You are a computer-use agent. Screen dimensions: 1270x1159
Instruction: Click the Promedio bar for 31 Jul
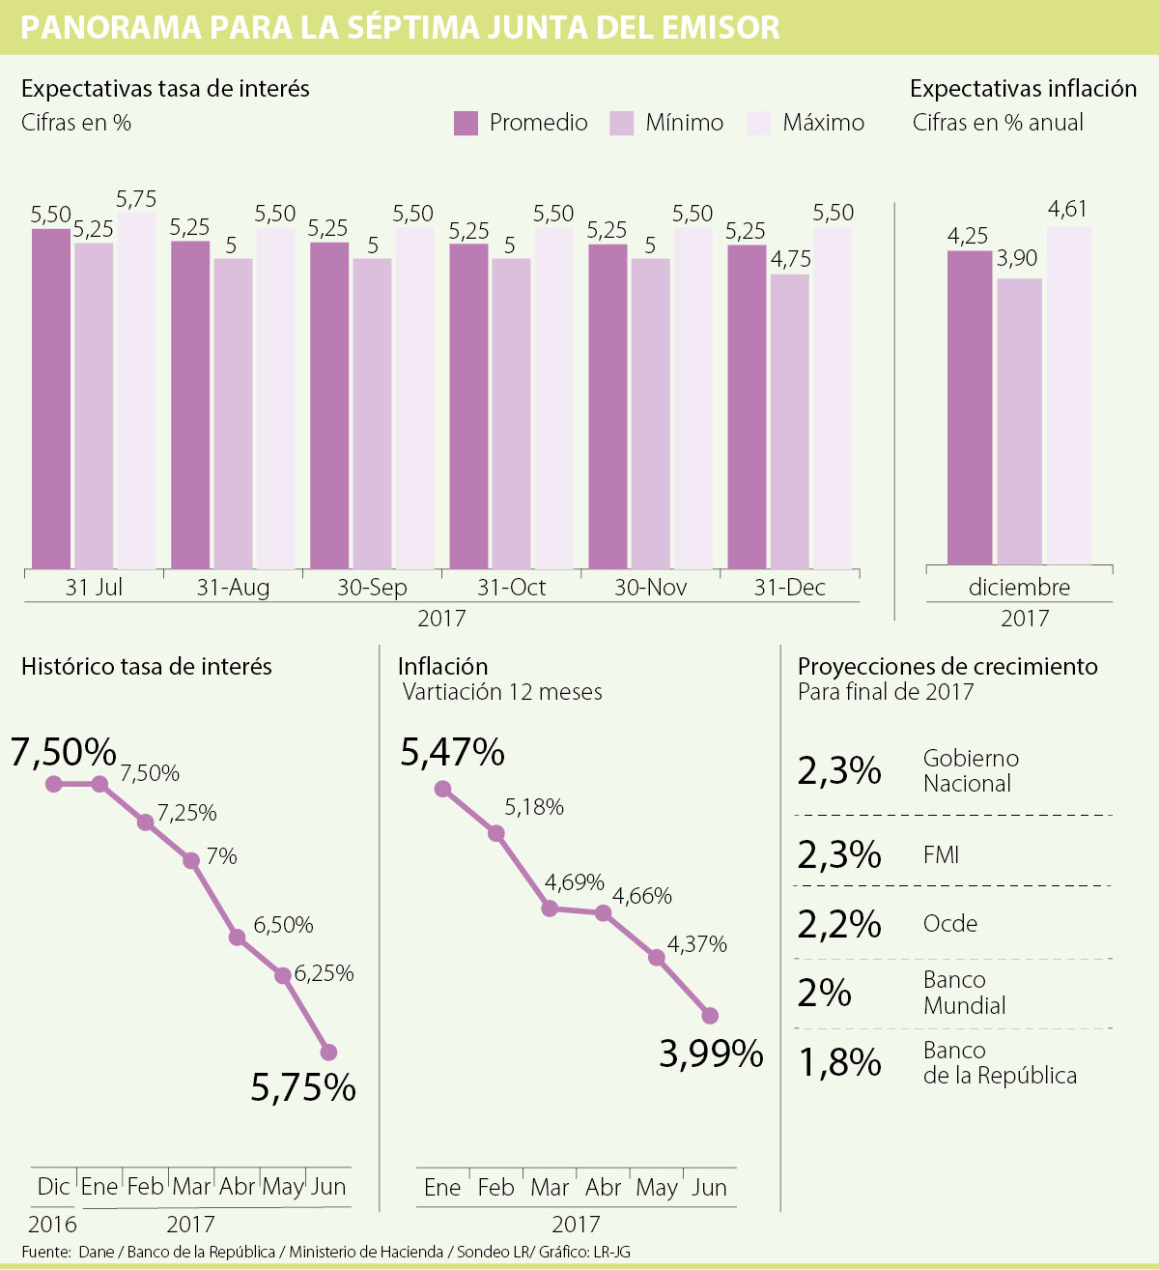[51, 398]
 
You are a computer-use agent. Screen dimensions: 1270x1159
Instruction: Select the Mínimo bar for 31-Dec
[789, 421]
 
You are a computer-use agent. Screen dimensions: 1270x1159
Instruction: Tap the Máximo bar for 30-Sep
[414, 398]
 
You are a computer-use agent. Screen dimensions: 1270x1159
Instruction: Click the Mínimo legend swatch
[622, 124]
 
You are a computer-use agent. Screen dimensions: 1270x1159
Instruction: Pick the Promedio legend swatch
[466, 124]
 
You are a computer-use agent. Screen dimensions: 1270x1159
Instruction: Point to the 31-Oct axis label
[511, 588]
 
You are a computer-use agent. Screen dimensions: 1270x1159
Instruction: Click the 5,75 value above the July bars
[136, 199]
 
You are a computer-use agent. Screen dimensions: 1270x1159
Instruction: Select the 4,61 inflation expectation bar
[1069, 395]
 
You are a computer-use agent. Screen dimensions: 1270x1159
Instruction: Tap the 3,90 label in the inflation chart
[1017, 258]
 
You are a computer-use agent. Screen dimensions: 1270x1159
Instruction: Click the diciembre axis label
[1019, 588]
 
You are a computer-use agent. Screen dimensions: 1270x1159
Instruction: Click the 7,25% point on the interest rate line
[146, 823]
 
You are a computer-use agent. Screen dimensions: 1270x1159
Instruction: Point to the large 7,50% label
[64, 752]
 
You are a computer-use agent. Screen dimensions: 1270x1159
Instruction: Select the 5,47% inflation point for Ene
[442, 789]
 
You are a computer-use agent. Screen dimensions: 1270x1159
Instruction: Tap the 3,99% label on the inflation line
[711, 1054]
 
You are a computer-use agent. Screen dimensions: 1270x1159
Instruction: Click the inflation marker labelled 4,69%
[550, 909]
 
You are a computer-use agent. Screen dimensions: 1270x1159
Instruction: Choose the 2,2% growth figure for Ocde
[838, 925]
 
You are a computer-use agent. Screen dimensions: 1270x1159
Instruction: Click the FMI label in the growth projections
[941, 854]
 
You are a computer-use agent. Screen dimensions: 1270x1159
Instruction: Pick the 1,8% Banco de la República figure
[838, 1062]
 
